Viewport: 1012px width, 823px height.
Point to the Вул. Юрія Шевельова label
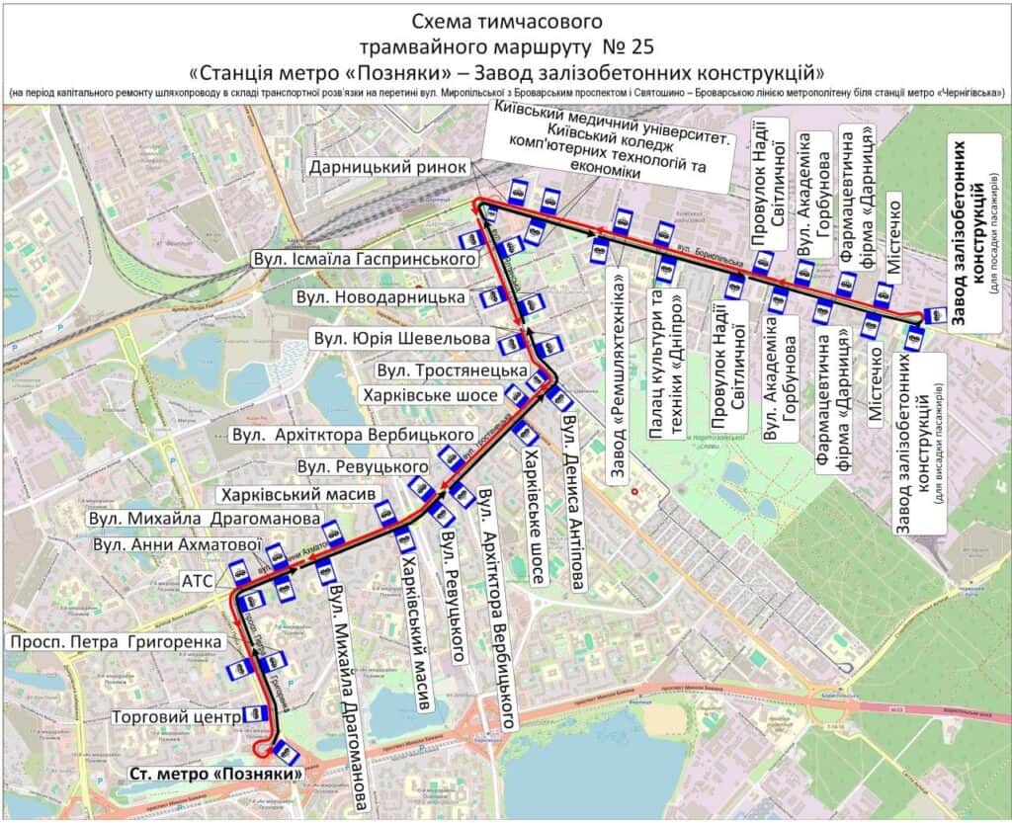tap(401, 339)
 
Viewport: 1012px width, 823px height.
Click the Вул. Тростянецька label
tap(451, 370)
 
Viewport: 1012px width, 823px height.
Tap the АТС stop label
tap(197, 581)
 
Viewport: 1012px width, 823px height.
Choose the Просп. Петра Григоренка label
tap(116, 643)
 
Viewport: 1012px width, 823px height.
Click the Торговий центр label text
tap(177, 716)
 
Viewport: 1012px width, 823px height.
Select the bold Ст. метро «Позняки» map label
tap(214, 774)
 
